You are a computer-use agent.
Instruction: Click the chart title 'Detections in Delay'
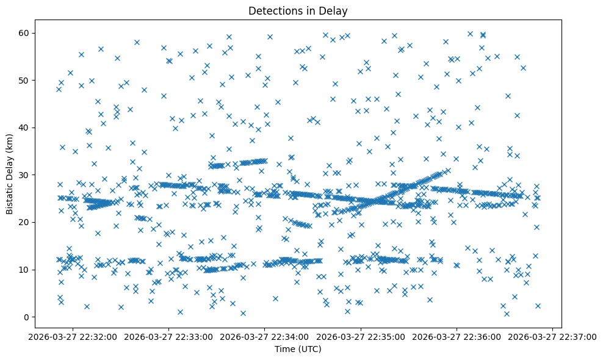(298, 10)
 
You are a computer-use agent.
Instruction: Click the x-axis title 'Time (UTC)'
(298, 349)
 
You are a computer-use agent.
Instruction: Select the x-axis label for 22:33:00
(169, 337)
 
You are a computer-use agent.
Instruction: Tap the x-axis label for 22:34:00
(265, 337)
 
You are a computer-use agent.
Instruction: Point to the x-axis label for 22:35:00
(361, 337)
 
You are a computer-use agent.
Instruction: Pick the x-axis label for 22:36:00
(457, 337)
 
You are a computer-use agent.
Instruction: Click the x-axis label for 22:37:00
(552, 337)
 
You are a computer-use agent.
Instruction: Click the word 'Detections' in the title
(276, 10)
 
